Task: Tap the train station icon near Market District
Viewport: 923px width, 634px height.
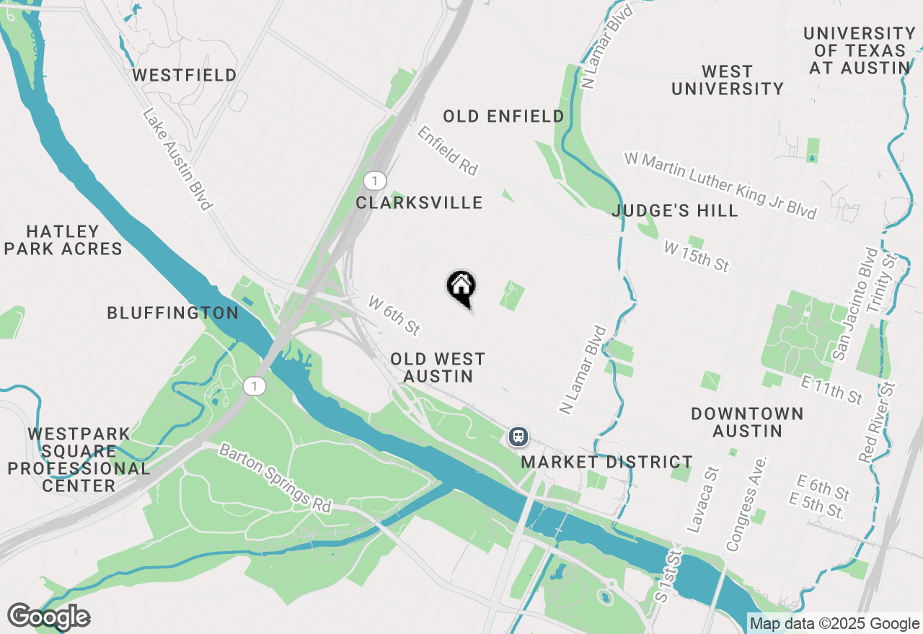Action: pyautogui.click(x=518, y=437)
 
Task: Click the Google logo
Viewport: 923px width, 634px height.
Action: pyautogui.click(x=48, y=617)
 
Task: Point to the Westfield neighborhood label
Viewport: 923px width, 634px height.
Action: pyautogui.click(x=185, y=75)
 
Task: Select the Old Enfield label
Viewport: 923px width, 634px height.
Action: pyautogui.click(x=503, y=116)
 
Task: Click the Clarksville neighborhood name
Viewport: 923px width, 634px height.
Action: pyautogui.click(x=419, y=202)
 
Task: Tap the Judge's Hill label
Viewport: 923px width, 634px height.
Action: pyautogui.click(x=675, y=210)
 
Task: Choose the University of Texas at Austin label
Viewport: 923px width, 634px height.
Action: pyautogui.click(x=859, y=50)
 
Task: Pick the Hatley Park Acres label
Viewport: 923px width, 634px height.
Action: pyautogui.click(x=63, y=240)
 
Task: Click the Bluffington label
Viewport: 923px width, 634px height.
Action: pyautogui.click(x=172, y=313)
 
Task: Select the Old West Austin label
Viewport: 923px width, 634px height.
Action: pyautogui.click(x=438, y=367)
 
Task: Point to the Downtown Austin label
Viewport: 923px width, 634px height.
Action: pyautogui.click(x=747, y=422)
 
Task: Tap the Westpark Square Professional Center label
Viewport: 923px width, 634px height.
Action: pyautogui.click(x=79, y=460)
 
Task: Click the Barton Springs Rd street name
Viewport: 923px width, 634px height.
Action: pyautogui.click(x=274, y=478)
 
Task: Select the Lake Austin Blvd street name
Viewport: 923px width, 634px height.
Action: pyautogui.click(x=178, y=159)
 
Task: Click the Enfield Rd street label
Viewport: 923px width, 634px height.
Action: pyautogui.click(x=447, y=151)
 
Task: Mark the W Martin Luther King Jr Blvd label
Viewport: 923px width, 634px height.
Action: pyautogui.click(x=721, y=185)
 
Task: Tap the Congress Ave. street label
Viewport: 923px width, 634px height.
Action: pyautogui.click(x=746, y=504)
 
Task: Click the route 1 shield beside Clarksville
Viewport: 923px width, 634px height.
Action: pyautogui.click(x=374, y=180)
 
